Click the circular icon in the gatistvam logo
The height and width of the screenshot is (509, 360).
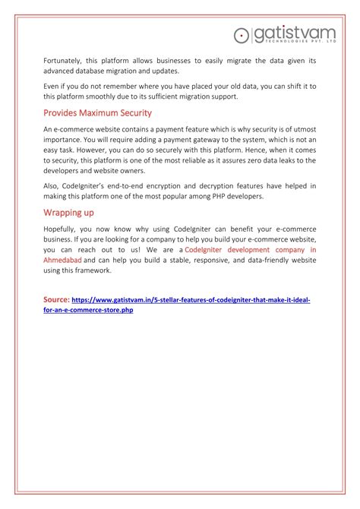coord(242,34)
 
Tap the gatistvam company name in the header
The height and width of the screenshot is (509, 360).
coord(293,33)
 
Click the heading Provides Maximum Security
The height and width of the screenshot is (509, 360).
coord(97,112)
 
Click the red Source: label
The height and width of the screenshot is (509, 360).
coord(56,300)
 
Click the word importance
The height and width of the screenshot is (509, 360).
coord(66,140)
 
